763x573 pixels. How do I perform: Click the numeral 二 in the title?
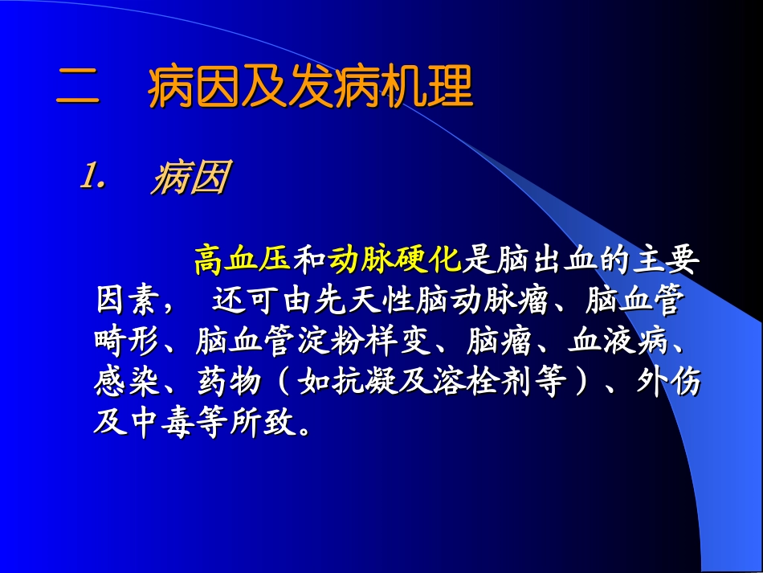(x=78, y=89)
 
